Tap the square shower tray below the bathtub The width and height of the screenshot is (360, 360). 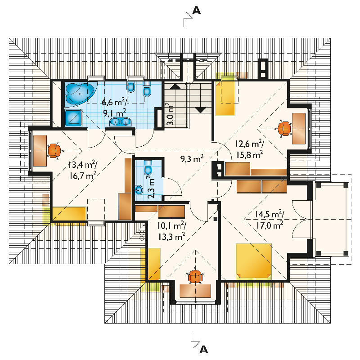point(73,118)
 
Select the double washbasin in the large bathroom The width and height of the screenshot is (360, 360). point(120,121)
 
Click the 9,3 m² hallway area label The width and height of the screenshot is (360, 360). point(192,158)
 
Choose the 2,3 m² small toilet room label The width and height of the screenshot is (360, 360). point(152,187)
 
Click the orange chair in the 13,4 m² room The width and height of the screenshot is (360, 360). point(54,151)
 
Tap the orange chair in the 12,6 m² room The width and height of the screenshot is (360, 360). point(284,129)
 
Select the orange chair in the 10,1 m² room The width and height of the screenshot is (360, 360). point(195,277)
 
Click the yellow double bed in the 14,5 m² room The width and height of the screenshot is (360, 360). point(254,261)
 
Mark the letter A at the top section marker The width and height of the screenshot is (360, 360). point(196,10)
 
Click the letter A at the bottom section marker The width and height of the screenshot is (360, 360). point(203,350)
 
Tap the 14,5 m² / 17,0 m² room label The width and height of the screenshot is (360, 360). point(269,220)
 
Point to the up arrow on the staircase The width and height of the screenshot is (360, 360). point(175,86)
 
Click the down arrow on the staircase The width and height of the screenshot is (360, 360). point(201,110)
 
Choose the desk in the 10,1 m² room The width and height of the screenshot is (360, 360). point(195,291)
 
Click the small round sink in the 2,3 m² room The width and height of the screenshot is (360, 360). point(139,189)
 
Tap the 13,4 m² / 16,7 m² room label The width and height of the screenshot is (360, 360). point(82,171)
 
